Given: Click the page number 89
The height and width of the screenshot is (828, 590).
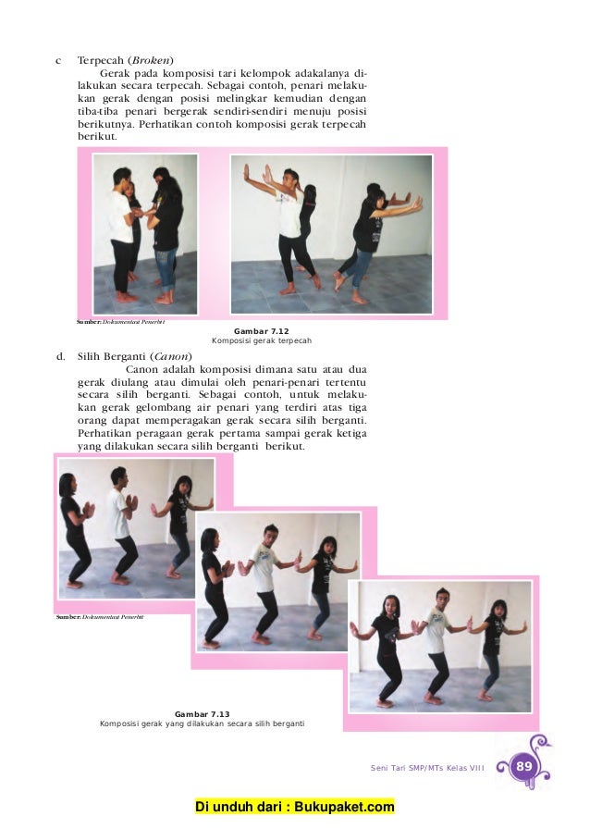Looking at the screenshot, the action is click(x=524, y=766).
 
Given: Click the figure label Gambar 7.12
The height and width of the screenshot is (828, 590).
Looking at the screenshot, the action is click(x=261, y=331).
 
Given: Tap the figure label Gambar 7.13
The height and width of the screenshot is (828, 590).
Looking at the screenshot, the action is click(x=203, y=714).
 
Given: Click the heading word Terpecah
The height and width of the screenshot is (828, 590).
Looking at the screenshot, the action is click(x=100, y=61).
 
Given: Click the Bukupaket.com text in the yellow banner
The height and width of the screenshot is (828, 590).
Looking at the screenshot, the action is click(x=344, y=807).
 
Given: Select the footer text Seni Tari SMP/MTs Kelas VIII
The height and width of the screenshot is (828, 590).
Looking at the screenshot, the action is click(x=427, y=768).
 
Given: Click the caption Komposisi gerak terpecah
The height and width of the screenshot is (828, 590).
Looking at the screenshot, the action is click(x=262, y=340).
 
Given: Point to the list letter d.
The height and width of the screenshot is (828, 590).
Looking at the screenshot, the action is click(x=61, y=356).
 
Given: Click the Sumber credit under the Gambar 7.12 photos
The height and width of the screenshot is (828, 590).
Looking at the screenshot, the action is click(x=120, y=322).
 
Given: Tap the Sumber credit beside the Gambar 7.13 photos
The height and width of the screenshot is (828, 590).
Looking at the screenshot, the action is click(x=100, y=617).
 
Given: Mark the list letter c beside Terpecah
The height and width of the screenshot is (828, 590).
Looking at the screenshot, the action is click(x=58, y=61).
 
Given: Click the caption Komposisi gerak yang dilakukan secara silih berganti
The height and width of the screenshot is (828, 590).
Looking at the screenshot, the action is click(x=203, y=723).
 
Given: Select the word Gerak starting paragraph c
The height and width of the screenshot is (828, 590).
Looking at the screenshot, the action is click(x=114, y=73).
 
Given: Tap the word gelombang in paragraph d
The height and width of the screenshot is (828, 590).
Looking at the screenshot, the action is click(x=156, y=408).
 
